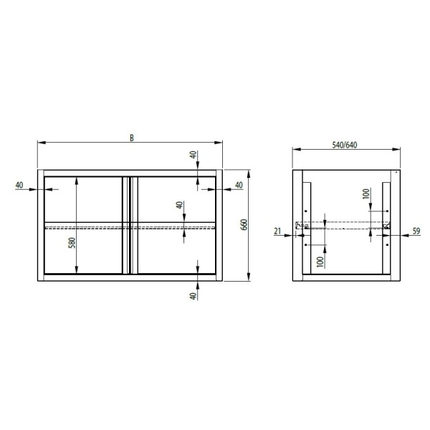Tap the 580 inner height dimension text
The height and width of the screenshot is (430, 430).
(x=70, y=243)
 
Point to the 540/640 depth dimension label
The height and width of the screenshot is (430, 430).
(x=346, y=144)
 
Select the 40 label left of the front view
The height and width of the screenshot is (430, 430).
(x=19, y=185)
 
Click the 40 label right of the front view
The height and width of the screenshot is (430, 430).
(x=239, y=185)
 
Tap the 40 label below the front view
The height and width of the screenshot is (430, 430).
(x=193, y=296)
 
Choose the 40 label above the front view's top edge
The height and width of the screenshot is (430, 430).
(x=193, y=157)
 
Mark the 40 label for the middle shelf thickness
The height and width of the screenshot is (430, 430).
(x=179, y=206)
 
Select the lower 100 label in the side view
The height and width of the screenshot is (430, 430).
(x=320, y=261)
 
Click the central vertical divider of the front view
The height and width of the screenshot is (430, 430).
(x=129, y=224)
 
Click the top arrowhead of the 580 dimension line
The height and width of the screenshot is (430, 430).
(x=76, y=179)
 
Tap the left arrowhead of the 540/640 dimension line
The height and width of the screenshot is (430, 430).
(x=295, y=149)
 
